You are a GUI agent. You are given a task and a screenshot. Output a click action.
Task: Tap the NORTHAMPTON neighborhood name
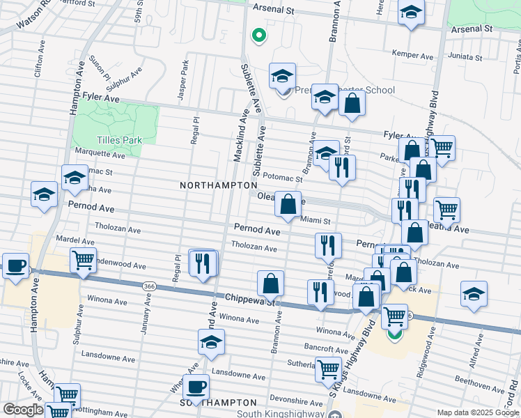pos(219,185)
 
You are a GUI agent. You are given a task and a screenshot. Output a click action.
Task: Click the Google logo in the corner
pos(22,410)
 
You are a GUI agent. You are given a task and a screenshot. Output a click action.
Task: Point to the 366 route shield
pos(148,286)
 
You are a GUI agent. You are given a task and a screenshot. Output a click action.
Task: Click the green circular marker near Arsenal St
pos(258,34)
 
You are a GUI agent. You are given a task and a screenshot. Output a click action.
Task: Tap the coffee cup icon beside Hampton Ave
pos(15,265)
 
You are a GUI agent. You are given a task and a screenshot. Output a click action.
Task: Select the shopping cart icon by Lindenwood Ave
pos(83,260)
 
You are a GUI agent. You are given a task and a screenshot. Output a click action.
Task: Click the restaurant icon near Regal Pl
pos(203,263)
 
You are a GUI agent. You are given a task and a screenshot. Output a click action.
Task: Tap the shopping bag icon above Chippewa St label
pos(270,284)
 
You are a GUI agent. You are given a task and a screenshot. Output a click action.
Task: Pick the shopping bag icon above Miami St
pos(288,204)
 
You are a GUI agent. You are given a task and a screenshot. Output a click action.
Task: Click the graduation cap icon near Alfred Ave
pos(474,293)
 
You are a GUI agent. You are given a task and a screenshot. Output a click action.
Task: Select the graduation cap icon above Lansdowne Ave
pos(211,342)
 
